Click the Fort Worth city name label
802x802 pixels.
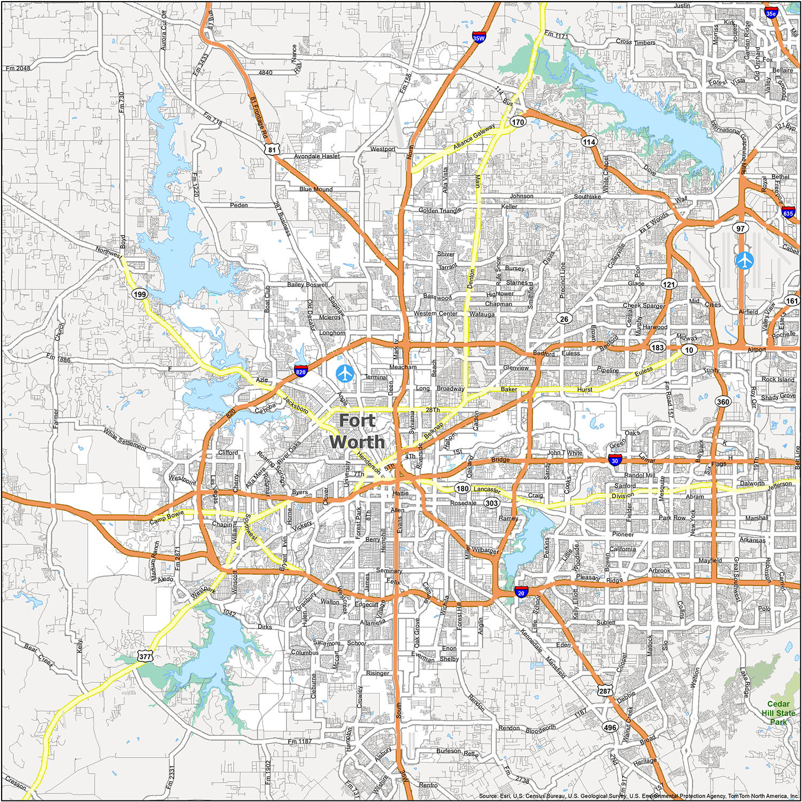tap(357, 431)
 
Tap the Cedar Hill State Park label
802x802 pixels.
tap(778, 713)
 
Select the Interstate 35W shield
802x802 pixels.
tap(479, 38)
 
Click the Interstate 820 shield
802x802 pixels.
tap(300, 372)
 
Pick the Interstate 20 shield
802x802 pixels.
tap(521, 592)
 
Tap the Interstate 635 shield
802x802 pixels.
tap(788, 213)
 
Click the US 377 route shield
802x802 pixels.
tap(145, 656)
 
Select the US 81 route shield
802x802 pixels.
tap(272, 150)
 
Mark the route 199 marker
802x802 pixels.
tap(140, 294)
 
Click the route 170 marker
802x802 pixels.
tap(518, 122)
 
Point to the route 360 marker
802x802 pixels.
tap(723, 402)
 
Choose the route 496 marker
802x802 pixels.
tap(610, 727)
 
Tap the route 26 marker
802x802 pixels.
tap(564, 319)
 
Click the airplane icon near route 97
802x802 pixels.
tap(744, 260)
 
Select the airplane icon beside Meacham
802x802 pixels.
tap(345, 373)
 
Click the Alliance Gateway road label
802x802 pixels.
tap(474, 137)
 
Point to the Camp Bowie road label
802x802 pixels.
tap(166, 517)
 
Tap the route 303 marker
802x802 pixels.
tap(491, 503)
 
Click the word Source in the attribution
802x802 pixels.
tap(489, 796)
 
